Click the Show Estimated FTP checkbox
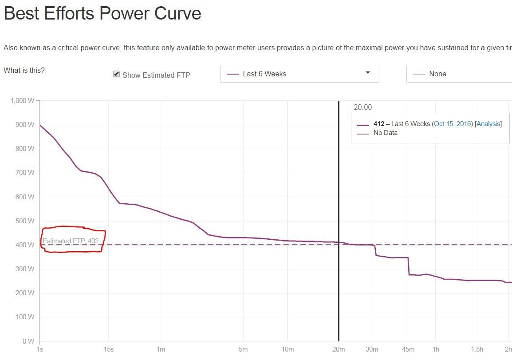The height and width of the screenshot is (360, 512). [x=116, y=74]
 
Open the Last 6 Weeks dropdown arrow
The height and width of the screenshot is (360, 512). [x=367, y=73]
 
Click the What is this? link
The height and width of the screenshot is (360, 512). [x=24, y=70]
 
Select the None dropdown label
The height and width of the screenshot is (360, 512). [x=437, y=74]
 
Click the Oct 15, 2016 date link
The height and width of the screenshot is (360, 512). [x=453, y=124]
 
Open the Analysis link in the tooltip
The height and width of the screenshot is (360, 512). [x=488, y=124]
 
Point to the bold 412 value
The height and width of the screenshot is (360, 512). [x=379, y=124]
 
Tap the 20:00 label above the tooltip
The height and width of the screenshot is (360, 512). [x=362, y=107]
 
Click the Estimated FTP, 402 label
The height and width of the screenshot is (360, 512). [x=71, y=241]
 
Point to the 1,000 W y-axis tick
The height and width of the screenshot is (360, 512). [x=22, y=101]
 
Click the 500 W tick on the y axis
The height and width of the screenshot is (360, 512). [x=25, y=221]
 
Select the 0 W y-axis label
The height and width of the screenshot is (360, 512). [x=28, y=341]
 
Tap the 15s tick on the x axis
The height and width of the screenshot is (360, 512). [x=108, y=349]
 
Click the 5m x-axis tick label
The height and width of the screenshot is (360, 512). [x=243, y=349]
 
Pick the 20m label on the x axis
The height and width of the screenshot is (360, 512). [x=339, y=349]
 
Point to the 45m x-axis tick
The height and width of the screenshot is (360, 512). [x=408, y=349]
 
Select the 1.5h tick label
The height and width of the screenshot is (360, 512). [x=477, y=349]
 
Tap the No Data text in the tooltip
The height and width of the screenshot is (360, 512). [x=386, y=133]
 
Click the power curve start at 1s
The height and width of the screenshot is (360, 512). [x=40, y=125]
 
